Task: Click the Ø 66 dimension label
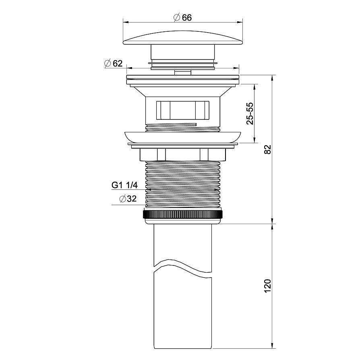click(x=182, y=18)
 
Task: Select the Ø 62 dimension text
click(x=114, y=63)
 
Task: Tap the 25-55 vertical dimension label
click(x=250, y=113)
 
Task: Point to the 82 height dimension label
click(x=267, y=150)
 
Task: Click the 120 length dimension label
click(x=267, y=286)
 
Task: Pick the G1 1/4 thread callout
click(x=124, y=185)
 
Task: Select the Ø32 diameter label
click(x=128, y=199)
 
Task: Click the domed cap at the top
click(x=183, y=38)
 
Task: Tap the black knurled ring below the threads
click(x=183, y=214)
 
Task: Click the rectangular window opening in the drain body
click(x=183, y=110)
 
